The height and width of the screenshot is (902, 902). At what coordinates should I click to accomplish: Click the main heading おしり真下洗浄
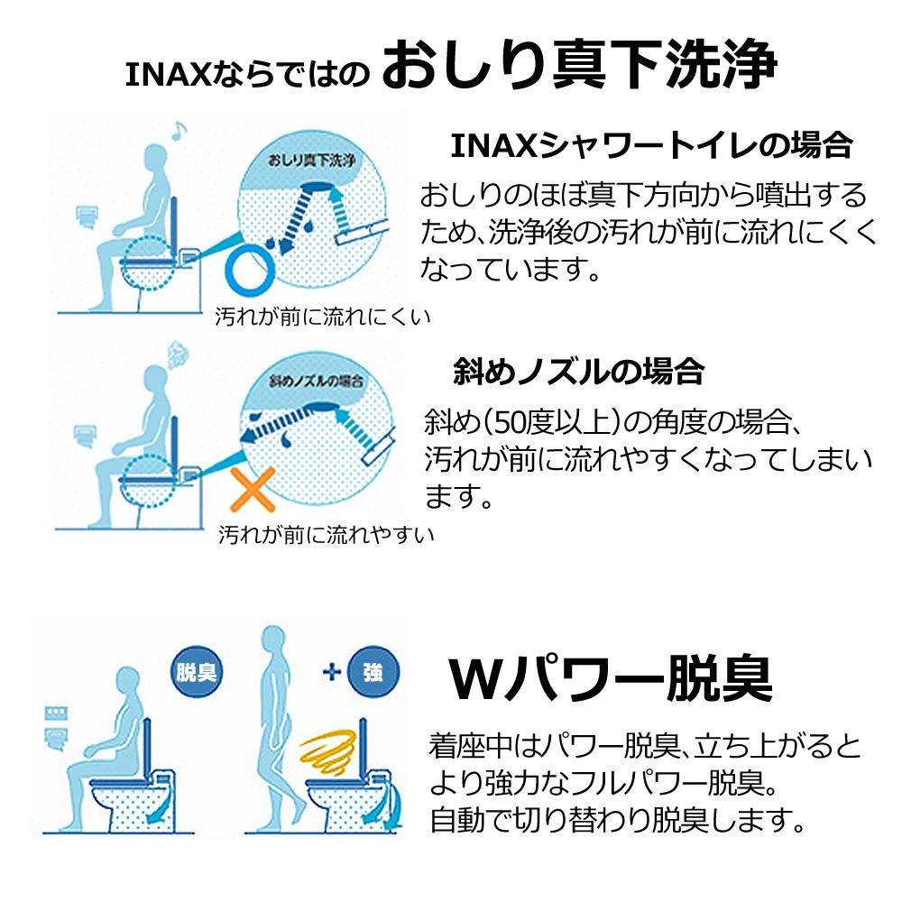[577, 68]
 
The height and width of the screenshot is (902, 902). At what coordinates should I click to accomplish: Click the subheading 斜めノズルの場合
[577, 371]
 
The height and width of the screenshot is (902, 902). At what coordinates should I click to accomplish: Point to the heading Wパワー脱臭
[611, 678]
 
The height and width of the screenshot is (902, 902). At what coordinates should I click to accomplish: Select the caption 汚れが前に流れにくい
[322, 317]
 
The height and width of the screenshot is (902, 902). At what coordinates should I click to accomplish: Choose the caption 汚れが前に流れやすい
[327, 535]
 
